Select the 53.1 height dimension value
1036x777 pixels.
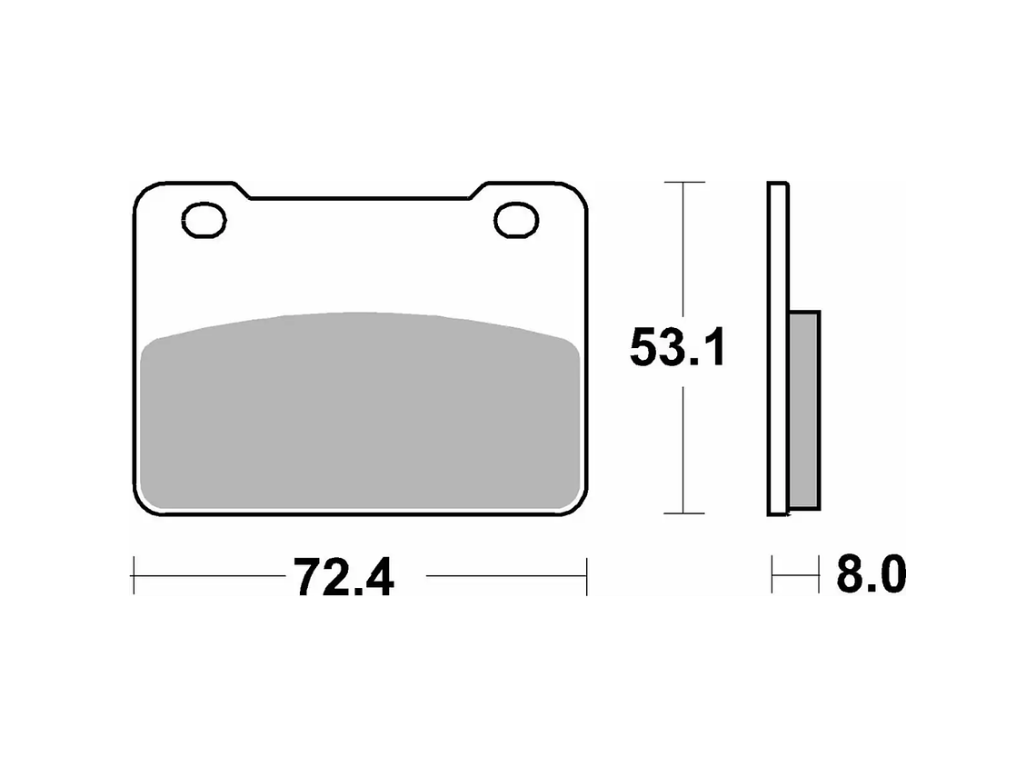click(x=678, y=348)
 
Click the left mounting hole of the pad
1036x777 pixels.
click(x=204, y=221)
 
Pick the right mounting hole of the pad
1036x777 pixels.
click(x=517, y=221)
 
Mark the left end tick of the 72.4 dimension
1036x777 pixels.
click(x=134, y=575)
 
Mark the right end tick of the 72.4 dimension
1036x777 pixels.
click(x=587, y=575)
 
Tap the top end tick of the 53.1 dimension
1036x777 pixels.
click(x=682, y=183)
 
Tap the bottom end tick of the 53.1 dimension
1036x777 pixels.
click(x=682, y=513)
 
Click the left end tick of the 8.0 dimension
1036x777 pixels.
click(x=772, y=574)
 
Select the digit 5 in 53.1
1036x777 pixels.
click(x=646, y=348)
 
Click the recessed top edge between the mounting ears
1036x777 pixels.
click(x=361, y=197)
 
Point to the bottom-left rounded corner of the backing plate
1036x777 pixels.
click(x=143, y=505)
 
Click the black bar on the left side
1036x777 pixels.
click(x=64, y=388)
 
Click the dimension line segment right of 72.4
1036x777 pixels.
click(x=504, y=575)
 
